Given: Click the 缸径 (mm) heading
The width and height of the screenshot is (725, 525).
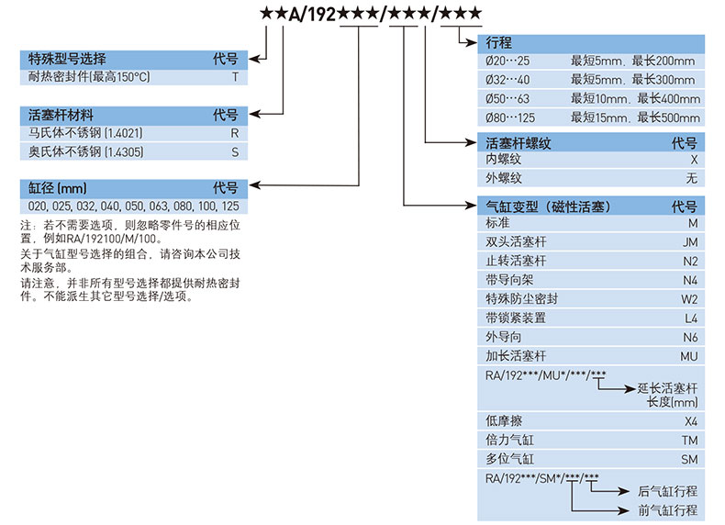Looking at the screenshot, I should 58,187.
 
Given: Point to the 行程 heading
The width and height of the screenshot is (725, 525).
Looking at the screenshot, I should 499,43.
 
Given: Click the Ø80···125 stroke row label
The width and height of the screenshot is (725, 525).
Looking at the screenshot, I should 512,117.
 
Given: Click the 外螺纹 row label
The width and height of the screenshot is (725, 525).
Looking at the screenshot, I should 503,178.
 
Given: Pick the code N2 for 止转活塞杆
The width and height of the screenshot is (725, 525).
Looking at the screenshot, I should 690,261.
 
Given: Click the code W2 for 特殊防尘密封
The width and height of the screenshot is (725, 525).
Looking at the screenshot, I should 690,298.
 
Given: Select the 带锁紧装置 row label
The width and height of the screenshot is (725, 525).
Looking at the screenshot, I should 516,318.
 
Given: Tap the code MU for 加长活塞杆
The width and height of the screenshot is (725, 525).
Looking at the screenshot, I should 690,355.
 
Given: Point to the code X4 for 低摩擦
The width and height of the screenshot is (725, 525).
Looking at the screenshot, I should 691,420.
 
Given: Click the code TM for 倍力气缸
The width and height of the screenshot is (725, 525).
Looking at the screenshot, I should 690,440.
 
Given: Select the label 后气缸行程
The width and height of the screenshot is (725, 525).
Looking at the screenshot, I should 667,491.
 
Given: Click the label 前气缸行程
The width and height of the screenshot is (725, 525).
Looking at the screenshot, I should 667,509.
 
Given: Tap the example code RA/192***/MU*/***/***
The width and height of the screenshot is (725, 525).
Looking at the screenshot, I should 546,373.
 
